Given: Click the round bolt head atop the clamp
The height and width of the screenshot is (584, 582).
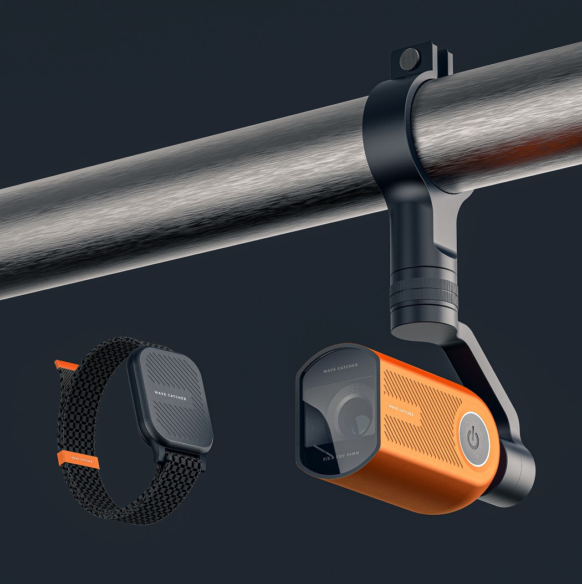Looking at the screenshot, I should click(x=411, y=57).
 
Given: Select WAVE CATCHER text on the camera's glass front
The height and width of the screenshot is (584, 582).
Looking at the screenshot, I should click(x=340, y=366).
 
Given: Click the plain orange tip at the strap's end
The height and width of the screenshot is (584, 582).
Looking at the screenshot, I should click(x=62, y=366).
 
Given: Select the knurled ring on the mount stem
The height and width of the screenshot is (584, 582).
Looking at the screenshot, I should click(x=424, y=290).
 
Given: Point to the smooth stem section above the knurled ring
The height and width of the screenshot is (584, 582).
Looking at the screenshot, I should click(x=421, y=233).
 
